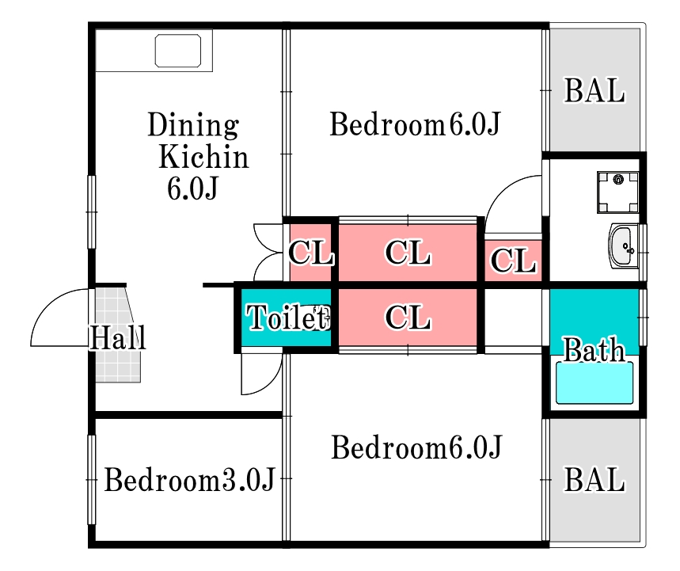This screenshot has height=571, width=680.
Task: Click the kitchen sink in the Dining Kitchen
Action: (183, 51)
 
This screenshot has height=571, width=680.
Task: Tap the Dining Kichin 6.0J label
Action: (197, 157)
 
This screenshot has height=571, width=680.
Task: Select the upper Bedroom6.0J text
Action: (416, 125)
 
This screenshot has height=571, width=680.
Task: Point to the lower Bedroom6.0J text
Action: (416, 448)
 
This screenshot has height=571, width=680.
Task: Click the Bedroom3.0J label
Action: (189, 480)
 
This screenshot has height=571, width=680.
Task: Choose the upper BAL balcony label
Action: (595, 91)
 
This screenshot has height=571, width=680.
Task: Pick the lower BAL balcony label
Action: (595, 480)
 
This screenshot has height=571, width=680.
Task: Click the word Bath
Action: (594, 349)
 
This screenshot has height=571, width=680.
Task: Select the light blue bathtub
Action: (595, 383)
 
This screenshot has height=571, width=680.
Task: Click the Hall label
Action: (117, 339)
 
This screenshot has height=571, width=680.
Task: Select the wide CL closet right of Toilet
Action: (408, 318)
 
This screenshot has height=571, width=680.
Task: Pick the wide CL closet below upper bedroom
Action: (408, 253)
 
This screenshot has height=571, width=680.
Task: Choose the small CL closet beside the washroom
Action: (513, 260)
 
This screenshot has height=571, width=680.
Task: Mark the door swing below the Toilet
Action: (261, 374)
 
